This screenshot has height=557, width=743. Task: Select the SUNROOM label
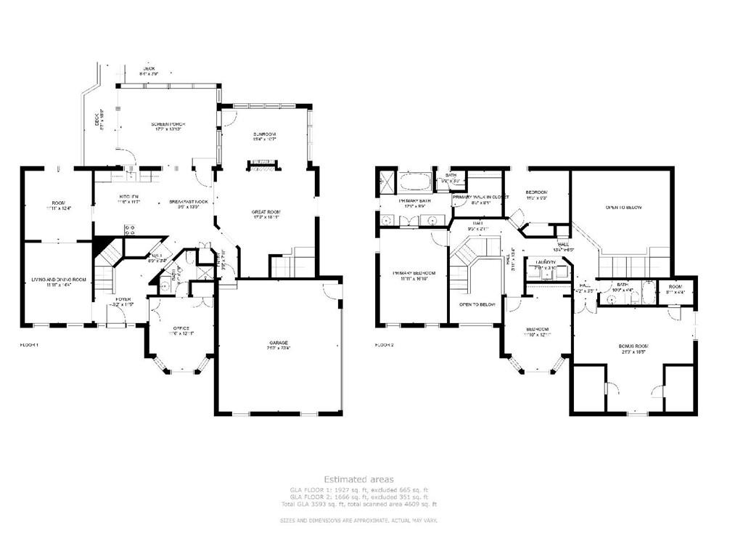tap(263, 135)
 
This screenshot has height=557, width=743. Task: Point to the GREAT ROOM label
tap(266, 212)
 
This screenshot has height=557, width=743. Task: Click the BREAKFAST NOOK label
tap(189, 200)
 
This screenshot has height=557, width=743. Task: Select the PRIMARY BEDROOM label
tap(412, 273)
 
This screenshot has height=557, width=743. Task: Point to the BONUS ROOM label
tap(633, 346)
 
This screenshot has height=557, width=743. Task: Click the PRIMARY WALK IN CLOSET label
tap(480, 197)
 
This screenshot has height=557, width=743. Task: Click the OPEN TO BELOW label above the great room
tap(623, 207)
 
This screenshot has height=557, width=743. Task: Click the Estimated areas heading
tap(358, 479)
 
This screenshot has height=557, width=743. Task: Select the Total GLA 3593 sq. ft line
tap(358, 503)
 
